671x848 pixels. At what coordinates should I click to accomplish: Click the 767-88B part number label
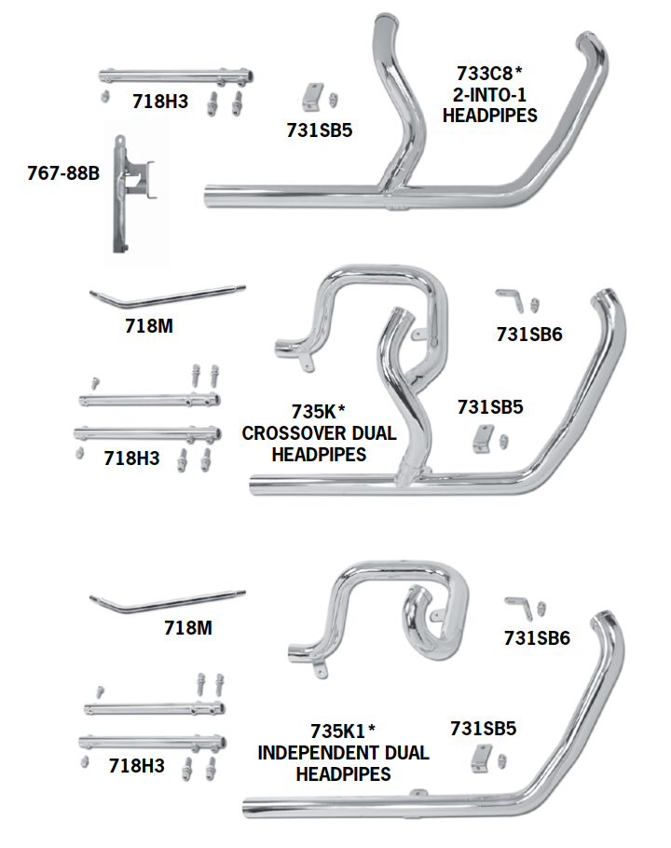point(62,173)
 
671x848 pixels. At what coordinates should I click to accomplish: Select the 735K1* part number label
point(343,729)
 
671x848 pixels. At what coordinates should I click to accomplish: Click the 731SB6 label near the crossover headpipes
point(529,334)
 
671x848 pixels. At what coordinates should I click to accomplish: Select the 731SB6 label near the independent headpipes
point(537,638)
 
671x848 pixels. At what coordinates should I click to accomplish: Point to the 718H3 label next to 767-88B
point(160,102)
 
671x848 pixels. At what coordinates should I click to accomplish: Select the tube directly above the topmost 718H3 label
point(177,76)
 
